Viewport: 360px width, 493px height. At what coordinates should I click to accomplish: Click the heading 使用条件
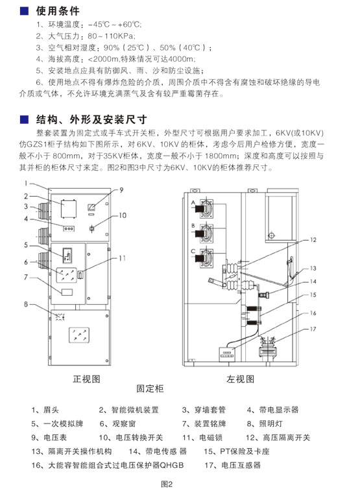(58, 11)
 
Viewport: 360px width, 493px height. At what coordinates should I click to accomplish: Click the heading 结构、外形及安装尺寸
(91, 119)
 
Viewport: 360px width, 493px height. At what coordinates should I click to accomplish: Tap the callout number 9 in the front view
(121, 190)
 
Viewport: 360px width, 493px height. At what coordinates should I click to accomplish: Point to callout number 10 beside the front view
(123, 215)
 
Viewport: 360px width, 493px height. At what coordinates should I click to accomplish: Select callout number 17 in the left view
(313, 329)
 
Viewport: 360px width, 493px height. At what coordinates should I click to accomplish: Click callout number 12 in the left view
(313, 240)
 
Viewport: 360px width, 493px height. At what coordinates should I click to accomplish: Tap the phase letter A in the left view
(193, 202)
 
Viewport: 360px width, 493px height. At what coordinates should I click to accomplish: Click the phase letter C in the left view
(193, 251)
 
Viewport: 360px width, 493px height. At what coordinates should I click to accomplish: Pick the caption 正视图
(86, 379)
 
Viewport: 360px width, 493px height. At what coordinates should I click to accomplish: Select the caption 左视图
(240, 379)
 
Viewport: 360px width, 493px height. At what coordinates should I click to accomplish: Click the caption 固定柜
(150, 389)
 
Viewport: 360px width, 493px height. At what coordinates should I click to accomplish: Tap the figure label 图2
(167, 484)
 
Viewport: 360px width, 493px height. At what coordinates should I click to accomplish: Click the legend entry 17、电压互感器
(232, 465)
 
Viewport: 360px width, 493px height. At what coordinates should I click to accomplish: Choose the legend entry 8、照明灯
(265, 424)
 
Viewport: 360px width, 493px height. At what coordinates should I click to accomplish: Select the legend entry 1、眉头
(45, 410)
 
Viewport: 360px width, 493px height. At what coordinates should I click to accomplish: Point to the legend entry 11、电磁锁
(202, 437)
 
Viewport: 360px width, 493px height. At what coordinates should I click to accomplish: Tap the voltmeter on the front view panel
(91, 207)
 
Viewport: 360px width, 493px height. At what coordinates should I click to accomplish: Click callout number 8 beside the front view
(26, 304)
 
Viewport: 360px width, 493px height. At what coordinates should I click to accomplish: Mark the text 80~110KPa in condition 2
(111, 36)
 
